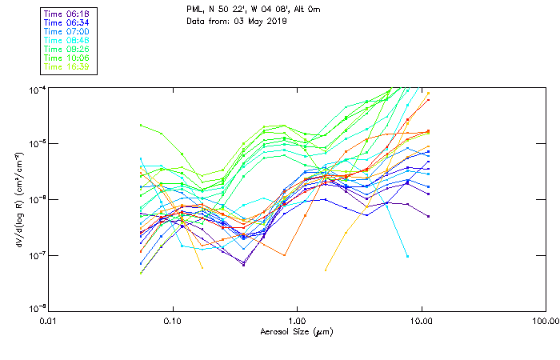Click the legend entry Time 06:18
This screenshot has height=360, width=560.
click(66, 14)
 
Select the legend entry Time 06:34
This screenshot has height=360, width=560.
click(66, 23)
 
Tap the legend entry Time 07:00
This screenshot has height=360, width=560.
click(66, 32)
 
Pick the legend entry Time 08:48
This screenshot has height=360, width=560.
click(66, 41)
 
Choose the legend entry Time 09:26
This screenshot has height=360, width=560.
click(66, 50)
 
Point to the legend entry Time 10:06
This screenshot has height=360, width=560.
click(66, 58)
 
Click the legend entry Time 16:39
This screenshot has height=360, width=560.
click(66, 67)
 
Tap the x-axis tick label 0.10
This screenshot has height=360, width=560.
click(172, 320)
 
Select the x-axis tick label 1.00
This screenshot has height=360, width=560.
click(297, 320)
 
